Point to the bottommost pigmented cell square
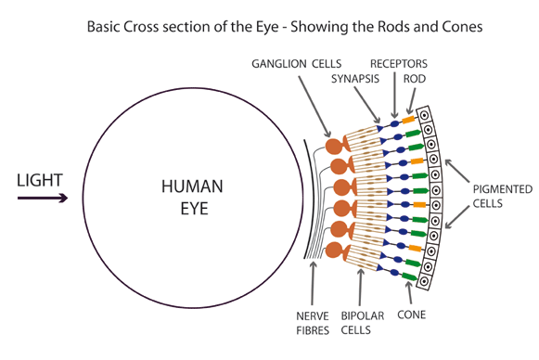click(428, 276)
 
